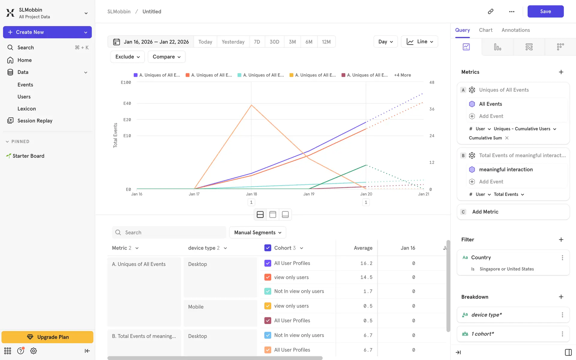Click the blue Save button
pos(545,11)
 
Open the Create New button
pos(47,32)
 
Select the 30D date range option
pos(274,42)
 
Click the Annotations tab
pos(515,30)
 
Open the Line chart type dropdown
pos(419,42)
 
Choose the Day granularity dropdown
pos(385,42)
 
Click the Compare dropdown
pos(166,57)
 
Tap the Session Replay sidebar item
pos(35,121)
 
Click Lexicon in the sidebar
pos(26,109)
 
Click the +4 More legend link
pos(402,75)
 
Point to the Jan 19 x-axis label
pos(309,194)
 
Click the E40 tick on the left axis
pos(127,103)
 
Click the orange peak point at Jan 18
pos(251,105)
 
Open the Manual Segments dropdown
pos(257,232)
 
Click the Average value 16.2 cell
pos(366,263)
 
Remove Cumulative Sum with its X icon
pos(507,138)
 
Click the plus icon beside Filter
pos(561,240)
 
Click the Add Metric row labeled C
pos(513,212)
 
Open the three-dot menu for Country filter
pos(562,258)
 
